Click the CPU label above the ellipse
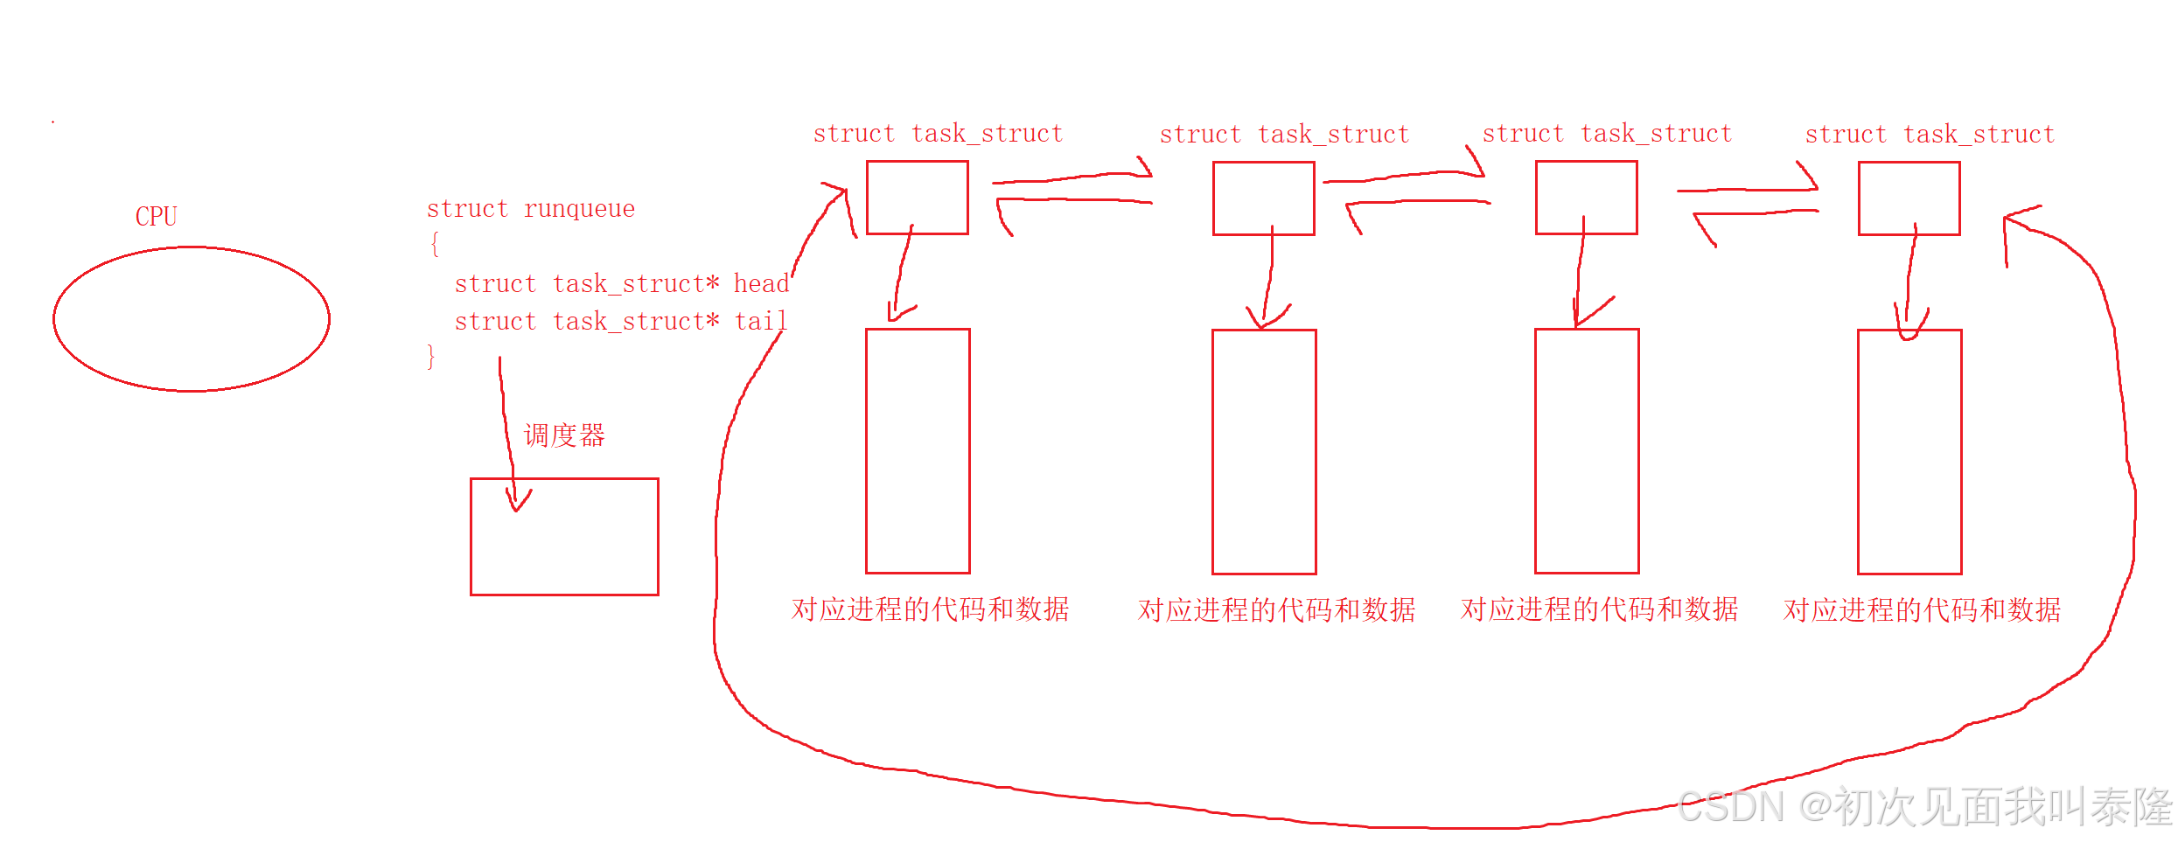[x=156, y=216]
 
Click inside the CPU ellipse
[x=191, y=319]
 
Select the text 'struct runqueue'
[x=530, y=209]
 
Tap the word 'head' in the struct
[x=761, y=284]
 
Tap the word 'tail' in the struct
[x=760, y=322]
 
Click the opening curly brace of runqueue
[x=434, y=244]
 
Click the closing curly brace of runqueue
[x=430, y=357]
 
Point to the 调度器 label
[x=564, y=435]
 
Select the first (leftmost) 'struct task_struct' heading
[x=938, y=134]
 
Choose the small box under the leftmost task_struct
[x=917, y=198]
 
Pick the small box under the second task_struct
[x=1263, y=198]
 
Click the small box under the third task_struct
[x=1586, y=198]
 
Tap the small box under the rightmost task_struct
[x=1909, y=198]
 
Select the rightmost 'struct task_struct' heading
[x=1930, y=135]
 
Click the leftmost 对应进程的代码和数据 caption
[x=930, y=609]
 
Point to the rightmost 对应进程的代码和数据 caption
[x=1922, y=610]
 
